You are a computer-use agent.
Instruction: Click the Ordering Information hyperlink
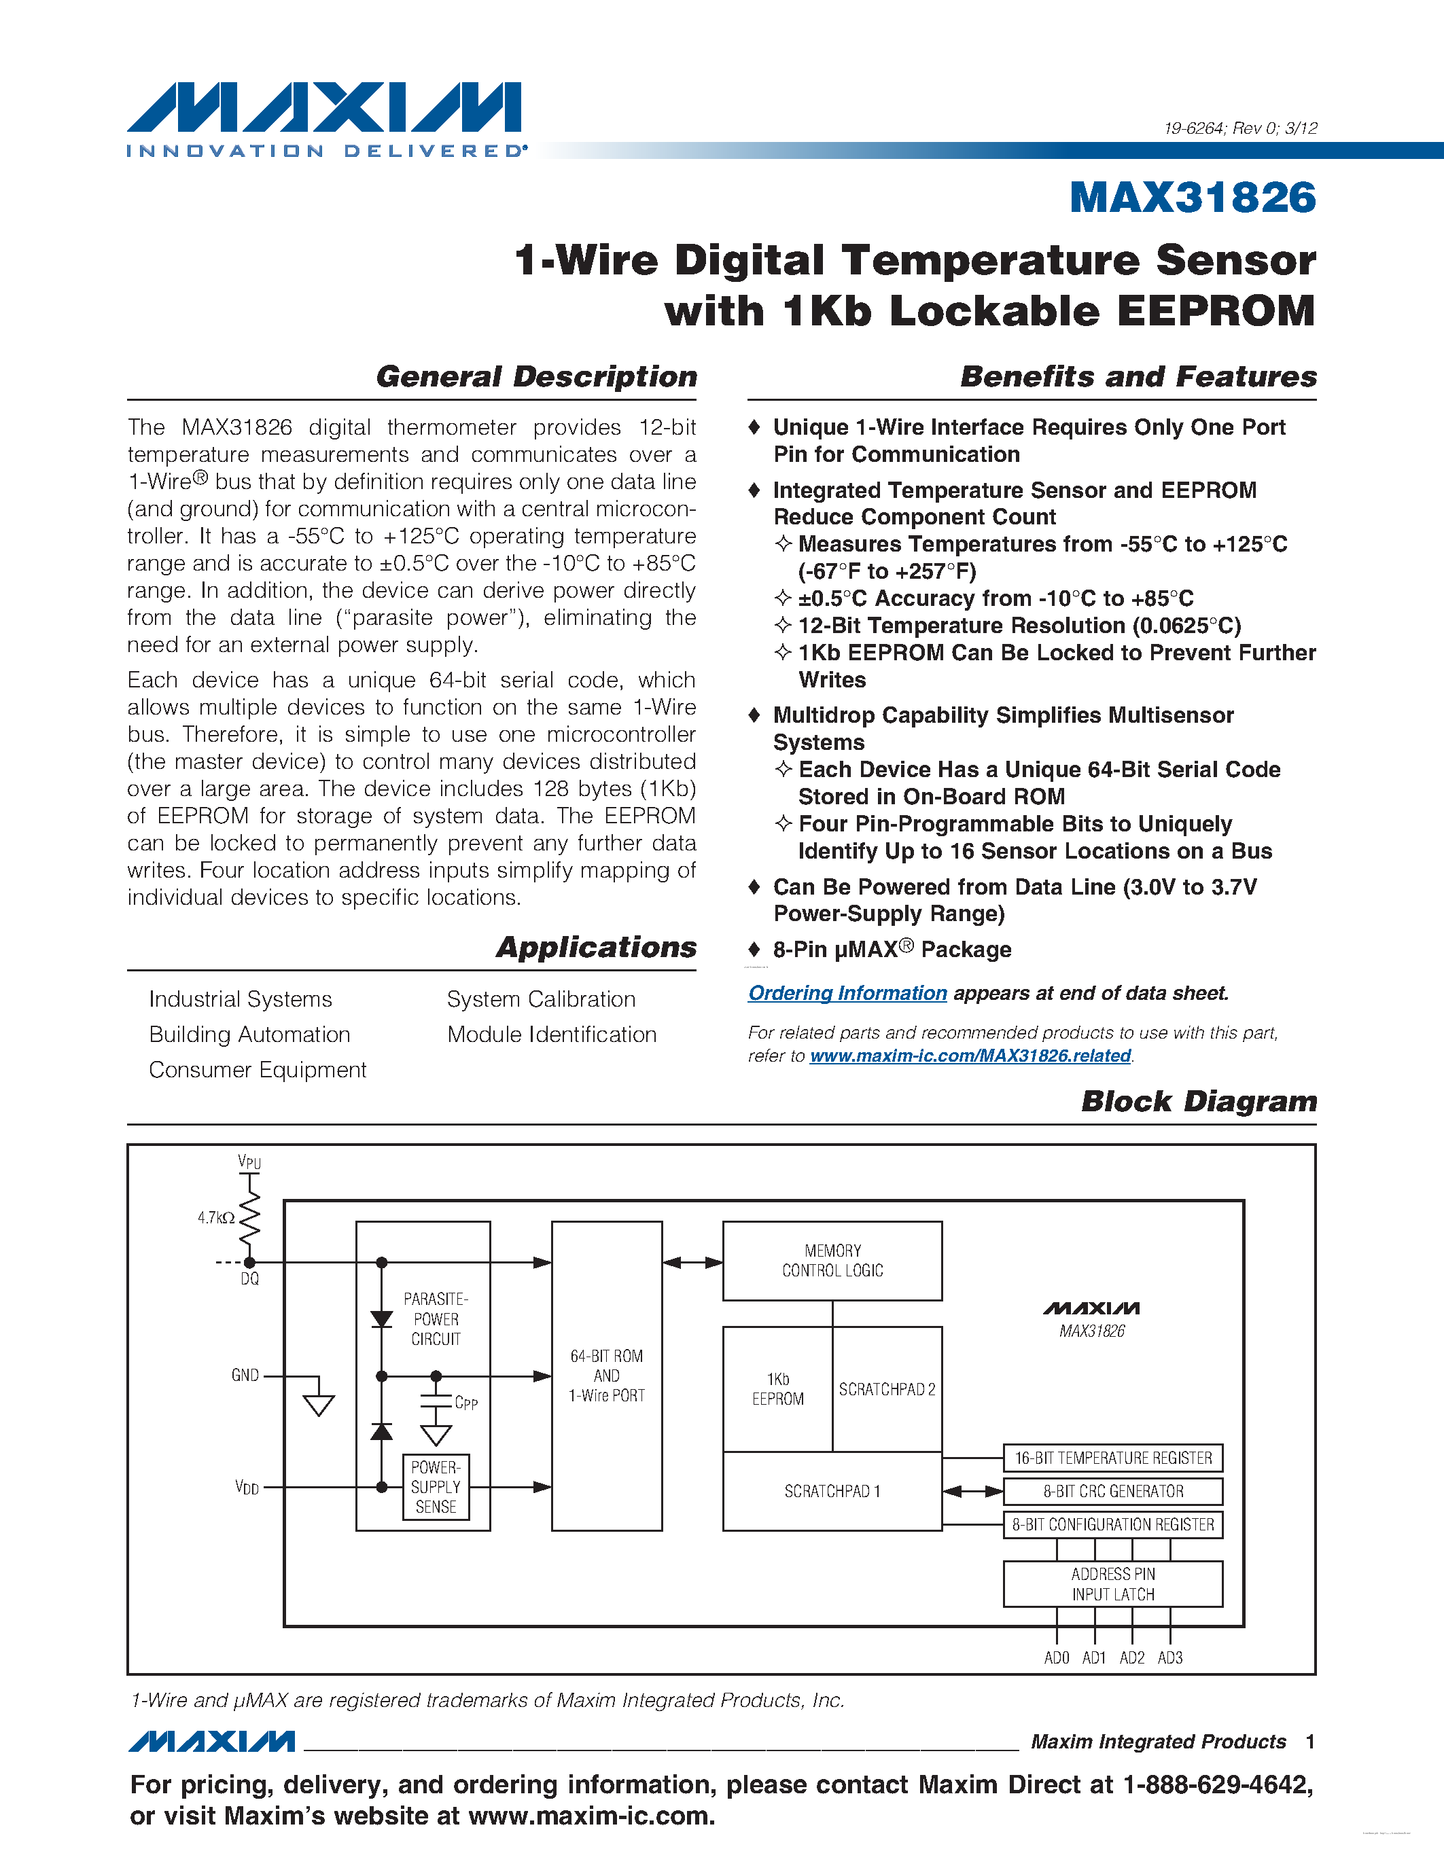847,993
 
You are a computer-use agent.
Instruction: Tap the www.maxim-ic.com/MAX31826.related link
970,1056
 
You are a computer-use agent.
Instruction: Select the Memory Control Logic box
832,1261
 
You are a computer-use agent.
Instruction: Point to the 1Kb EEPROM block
777,1389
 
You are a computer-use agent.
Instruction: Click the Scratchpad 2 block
887,1389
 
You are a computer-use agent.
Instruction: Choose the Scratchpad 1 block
832,1491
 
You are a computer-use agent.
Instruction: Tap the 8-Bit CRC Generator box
1113,1491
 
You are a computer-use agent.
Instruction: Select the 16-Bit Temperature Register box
1113,1458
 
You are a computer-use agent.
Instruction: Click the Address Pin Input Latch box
1113,1584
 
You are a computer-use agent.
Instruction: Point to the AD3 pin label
1170,1657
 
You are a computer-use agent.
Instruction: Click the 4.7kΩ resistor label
215,1218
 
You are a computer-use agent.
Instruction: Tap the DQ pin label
250,1278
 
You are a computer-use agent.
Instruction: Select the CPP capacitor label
466,1403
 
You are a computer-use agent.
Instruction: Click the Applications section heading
596,948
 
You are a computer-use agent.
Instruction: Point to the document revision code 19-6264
1194,128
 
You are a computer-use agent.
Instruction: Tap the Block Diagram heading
1199,1102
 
